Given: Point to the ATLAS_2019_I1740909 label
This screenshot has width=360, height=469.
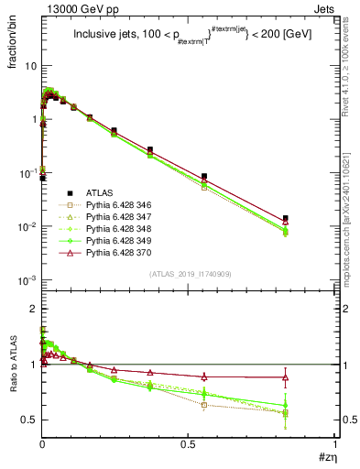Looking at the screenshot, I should tap(189, 275).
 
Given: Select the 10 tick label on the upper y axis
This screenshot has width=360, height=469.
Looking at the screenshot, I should tap(30, 66).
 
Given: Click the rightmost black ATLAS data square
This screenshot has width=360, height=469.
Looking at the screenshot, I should tap(286, 218).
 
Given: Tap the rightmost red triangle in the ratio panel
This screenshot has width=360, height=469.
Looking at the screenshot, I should tap(286, 376).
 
